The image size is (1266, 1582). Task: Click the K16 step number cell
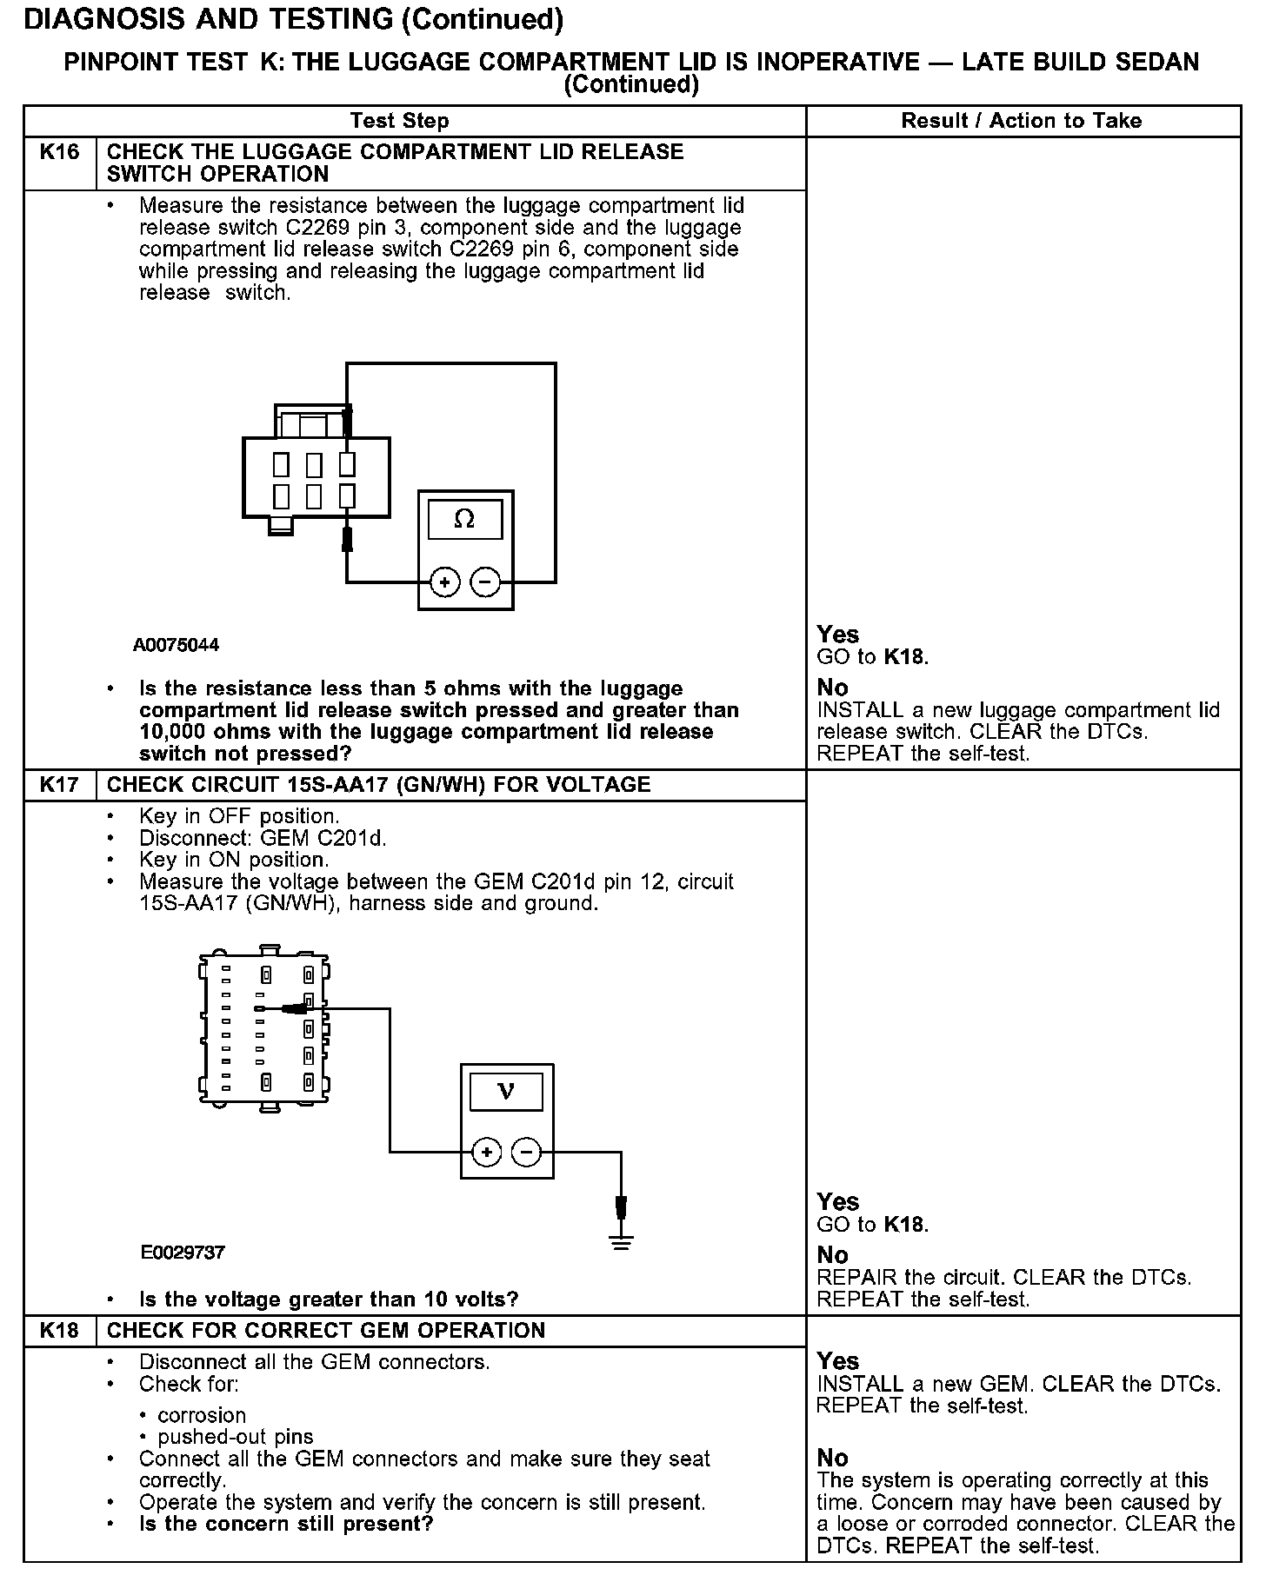pos(59,153)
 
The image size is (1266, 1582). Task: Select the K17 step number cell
pos(59,785)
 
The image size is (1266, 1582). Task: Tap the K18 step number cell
pos(59,1331)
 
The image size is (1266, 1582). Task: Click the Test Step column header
pos(399,121)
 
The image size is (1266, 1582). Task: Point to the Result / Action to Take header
pos(1021,121)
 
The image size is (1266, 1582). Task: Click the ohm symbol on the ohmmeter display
pos(465,520)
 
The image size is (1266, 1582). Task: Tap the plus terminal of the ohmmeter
pos(444,582)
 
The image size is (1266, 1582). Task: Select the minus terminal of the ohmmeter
pos(486,582)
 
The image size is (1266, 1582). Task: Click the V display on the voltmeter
pos(506,1091)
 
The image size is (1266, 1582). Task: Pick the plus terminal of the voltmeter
pos(487,1153)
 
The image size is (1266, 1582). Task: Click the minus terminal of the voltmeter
pos(527,1153)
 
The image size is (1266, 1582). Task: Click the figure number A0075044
pos(176,645)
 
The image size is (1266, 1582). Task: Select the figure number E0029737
pos(183,1253)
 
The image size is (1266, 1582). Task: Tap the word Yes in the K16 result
pos(837,635)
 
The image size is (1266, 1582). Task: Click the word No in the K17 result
pos(832,1255)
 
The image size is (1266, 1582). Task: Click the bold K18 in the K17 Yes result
pos(904,1225)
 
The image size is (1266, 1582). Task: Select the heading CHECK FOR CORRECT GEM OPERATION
pos(326,1331)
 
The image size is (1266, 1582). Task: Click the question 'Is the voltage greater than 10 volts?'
pos(329,1299)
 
